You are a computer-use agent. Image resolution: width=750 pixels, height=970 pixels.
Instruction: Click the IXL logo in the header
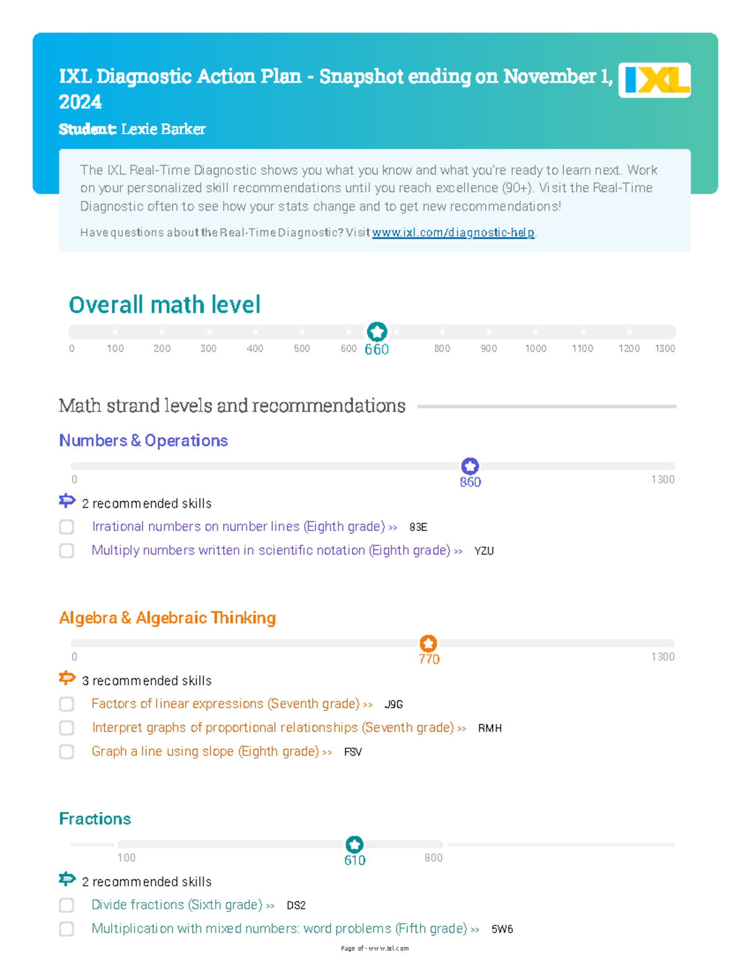[x=654, y=80]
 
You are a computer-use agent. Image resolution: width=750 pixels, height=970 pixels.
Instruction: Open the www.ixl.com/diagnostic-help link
[x=453, y=232]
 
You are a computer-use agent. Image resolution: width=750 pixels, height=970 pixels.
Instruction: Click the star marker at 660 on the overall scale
[x=377, y=332]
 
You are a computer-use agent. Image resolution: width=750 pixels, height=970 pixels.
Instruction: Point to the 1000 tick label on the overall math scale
[x=536, y=349]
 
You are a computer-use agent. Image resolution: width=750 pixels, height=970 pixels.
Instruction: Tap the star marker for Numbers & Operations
[x=470, y=466]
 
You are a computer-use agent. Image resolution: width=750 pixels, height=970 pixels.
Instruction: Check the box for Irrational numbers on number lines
[x=67, y=527]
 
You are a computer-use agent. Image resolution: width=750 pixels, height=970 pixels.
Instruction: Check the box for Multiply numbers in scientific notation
[x=67, y=551]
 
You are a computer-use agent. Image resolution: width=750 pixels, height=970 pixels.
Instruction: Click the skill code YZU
[x=484, y=551]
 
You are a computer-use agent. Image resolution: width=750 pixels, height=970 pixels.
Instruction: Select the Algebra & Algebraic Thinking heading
[x=167, y=618]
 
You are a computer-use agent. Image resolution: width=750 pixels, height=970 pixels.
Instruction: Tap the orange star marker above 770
[x=428, y=643]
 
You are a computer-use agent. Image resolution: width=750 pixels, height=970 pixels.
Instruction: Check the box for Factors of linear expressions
[x=67, y=705]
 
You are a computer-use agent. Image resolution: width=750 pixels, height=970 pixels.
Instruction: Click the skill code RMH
[x=489, y=728]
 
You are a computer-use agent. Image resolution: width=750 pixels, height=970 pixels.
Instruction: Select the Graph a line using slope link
[x=206, y=751]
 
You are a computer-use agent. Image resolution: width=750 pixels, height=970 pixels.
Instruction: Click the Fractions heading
[x=95, y=819]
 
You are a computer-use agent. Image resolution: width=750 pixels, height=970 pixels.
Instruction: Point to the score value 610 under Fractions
[x=355, y=860]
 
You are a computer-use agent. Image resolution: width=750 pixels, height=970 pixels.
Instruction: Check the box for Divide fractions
[x=67, y=906]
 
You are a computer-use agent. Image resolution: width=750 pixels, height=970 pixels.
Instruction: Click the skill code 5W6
[x=502, y=929]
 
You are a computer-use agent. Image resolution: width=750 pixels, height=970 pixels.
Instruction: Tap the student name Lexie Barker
[x=163, y=129]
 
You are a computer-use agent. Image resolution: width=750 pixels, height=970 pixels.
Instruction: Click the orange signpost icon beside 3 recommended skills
[x=67, y=678]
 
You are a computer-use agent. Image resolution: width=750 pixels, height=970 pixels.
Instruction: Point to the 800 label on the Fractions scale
[x=433, y=858]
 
